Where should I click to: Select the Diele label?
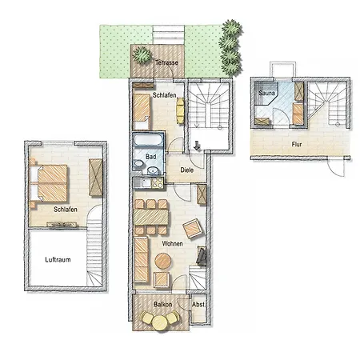pos(187,170)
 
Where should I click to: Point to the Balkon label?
pos(164,305)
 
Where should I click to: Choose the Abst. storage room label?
pos(198,305)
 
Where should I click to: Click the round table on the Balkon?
pos(158,322)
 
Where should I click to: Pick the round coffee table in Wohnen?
pos(163,261)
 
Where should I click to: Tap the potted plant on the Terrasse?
pos(142,55)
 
